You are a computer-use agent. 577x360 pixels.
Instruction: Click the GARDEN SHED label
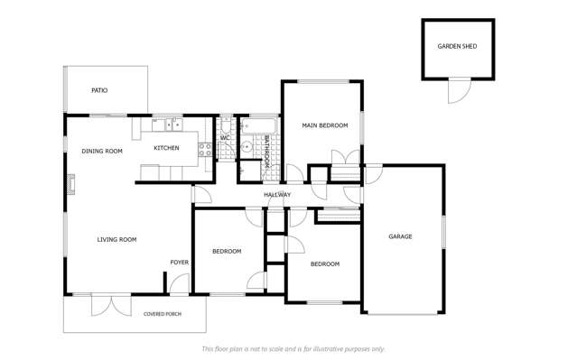457,46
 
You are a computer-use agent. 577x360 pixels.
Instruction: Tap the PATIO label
99,90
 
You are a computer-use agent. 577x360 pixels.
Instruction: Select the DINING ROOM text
101,151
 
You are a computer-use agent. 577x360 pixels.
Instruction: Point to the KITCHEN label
166,148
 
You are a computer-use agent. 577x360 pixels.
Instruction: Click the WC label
226,138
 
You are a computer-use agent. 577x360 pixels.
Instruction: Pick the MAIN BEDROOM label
324,125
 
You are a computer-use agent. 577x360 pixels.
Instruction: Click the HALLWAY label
277,195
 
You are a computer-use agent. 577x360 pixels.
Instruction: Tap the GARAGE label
400,236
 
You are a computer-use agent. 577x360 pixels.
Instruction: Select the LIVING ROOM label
116,239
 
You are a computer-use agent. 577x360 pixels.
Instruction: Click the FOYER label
180,263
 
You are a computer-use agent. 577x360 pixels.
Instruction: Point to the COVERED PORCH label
162,314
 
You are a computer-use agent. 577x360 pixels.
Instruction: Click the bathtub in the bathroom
258,125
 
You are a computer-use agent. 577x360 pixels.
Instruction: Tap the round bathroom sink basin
246,147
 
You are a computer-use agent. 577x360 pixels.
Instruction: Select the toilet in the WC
226,125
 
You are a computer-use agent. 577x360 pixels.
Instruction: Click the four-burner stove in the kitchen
206,149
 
